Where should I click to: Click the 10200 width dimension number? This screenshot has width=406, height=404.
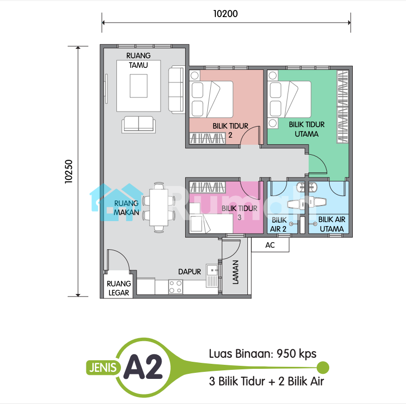225,14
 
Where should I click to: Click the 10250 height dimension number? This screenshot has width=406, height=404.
69,172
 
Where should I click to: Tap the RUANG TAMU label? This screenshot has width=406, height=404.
139,60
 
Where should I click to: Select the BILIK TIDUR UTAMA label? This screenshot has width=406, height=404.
307,129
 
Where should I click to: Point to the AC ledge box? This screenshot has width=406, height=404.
270,245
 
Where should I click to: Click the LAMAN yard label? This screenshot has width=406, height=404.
235,272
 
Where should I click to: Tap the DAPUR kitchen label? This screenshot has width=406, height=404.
190,272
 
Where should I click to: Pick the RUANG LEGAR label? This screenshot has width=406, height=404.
119,288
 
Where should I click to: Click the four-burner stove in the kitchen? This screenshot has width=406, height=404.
176,287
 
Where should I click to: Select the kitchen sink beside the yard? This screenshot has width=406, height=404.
212,276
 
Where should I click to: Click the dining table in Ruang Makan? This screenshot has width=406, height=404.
159,207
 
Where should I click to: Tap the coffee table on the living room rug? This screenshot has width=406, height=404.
139,86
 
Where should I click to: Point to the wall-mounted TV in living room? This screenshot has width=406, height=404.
106,88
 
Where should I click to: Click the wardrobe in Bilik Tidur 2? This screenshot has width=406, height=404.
207,138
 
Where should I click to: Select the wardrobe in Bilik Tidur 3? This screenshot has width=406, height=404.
207,187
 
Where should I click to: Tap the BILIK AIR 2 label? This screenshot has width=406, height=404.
279,225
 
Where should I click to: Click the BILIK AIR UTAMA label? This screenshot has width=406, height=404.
332,224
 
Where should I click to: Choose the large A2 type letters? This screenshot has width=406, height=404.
143,367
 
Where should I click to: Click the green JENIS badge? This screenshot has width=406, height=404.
103,368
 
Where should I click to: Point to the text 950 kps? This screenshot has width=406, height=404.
297,354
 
